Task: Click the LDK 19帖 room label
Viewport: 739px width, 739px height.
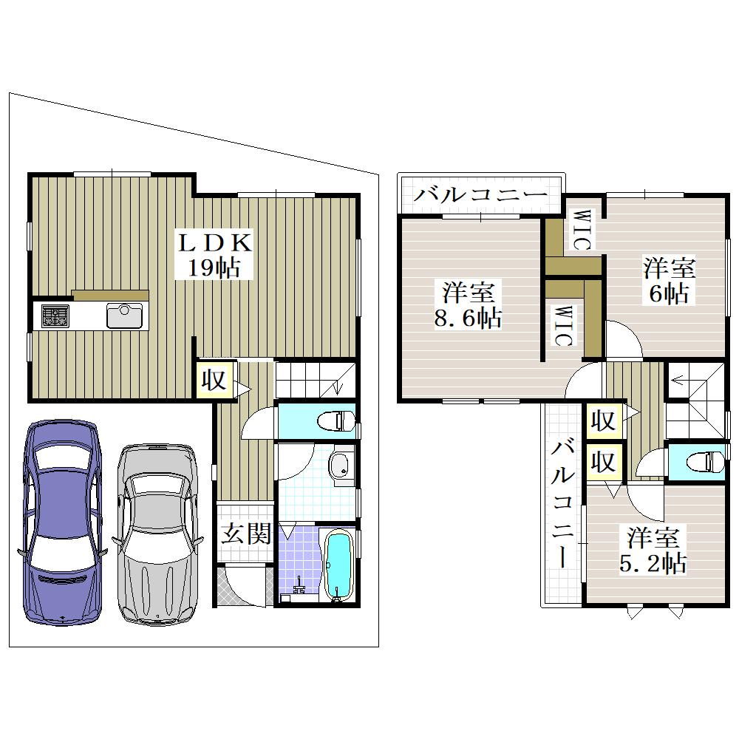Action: pyautogui.click(x=214, y=255)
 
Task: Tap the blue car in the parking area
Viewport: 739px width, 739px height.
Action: pyautogui.click(x=63, y=521)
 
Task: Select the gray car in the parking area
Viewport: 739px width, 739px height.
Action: pyautogui.click(x=157, y=534)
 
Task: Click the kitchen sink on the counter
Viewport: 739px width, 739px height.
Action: pyautogui.click(x=124, y=315)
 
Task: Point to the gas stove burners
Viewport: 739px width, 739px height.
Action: pyautogui.click(x=55, y=316)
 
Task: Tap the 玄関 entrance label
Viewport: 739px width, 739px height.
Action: pyautogui.click(x=246, y=534)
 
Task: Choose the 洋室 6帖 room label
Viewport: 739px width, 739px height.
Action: pyautogui.click(x=670, y=281)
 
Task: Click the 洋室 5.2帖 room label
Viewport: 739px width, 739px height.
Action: pyautogui.click(x=653, y=550)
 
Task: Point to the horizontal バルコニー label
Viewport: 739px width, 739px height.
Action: pyautogui.click(x=481, y=194)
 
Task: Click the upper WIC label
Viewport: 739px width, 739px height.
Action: pyautogui.click(x=581, y=230)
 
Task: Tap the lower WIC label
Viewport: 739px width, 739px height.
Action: pyautogui.click(x=562, y=326)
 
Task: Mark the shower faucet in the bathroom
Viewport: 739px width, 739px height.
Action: pyautogui.click(x=299, y=588)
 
